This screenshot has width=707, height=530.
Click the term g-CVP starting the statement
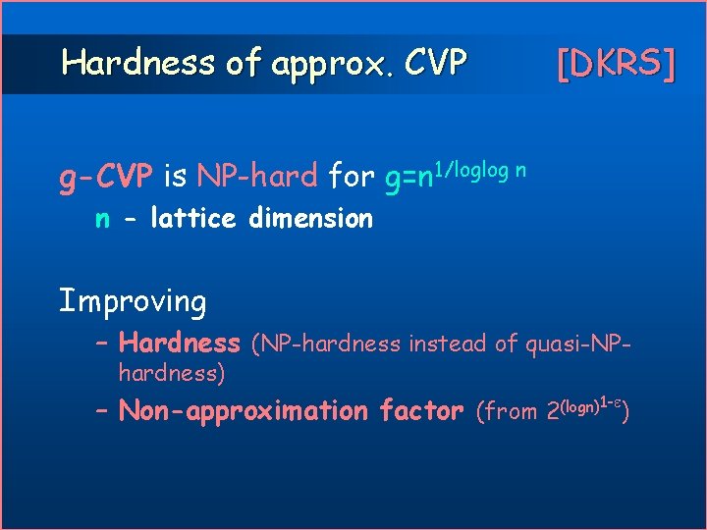[106, 177]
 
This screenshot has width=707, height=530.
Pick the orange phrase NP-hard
[256, 177]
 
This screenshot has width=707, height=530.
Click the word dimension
[310, 218]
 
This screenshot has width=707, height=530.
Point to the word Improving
[133, 301]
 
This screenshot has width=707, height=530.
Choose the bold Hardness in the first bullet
[179, 344]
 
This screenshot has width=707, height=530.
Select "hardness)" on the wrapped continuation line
[172, 373]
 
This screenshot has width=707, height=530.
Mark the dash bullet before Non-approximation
[103, 411]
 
